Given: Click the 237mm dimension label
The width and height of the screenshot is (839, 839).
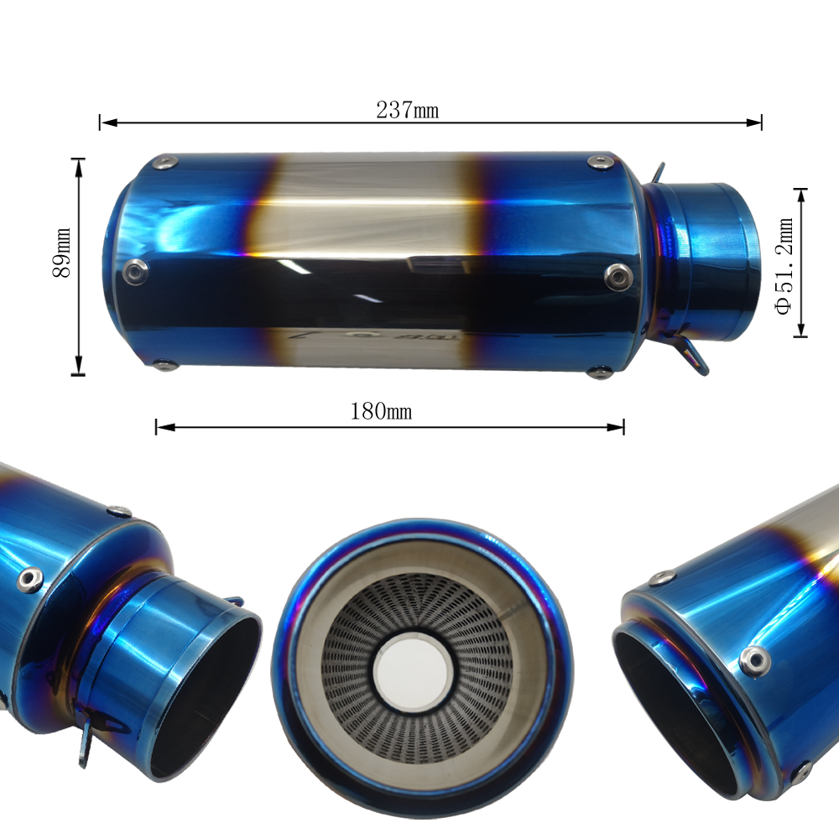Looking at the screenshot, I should (x=407, y=110).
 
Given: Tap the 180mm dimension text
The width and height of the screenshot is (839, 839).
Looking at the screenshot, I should (x=381, y=412).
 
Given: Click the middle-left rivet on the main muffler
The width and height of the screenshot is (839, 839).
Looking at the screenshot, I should (x=134, y=269).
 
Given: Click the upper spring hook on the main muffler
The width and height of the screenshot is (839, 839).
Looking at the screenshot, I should (x=658, y=173).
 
